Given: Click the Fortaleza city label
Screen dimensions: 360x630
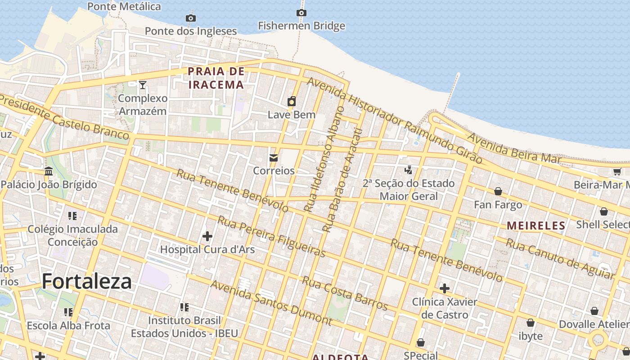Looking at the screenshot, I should (x=86, y=282).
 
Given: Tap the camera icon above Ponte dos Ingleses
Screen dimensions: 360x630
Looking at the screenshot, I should (x=191, y=18).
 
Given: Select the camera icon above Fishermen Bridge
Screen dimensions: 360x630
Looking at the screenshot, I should (x=301, y=13).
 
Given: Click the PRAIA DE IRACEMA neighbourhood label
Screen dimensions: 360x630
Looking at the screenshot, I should (x=216, y=78).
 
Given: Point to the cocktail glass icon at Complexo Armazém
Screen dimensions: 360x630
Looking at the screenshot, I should (x=143, y=85).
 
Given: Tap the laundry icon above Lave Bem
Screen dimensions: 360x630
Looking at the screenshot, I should (x=292, y=101).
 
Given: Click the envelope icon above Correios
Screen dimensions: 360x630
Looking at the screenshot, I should (x=273, y=157).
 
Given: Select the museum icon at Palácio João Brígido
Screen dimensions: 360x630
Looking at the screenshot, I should (x=49, y=171).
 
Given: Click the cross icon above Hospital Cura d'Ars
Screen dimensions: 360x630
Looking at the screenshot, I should (x=207, y=236).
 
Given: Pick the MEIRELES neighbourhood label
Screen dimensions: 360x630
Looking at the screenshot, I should (x=536, y=225).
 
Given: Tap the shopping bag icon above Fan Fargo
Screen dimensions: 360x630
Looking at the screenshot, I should (x=498, y=191).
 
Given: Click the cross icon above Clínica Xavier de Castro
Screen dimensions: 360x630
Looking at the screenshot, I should (x=445, y=288).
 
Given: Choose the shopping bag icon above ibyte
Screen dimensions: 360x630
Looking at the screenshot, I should (x=531, y=323).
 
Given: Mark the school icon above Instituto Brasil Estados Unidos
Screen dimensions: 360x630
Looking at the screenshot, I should (x=184, y=307).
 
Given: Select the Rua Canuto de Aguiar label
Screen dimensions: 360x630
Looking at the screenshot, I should (x=560, y=258).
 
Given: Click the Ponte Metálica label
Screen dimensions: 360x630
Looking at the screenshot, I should (x=124, y=6).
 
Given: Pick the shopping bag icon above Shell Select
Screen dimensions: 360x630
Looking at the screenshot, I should (x=604, y=211).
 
